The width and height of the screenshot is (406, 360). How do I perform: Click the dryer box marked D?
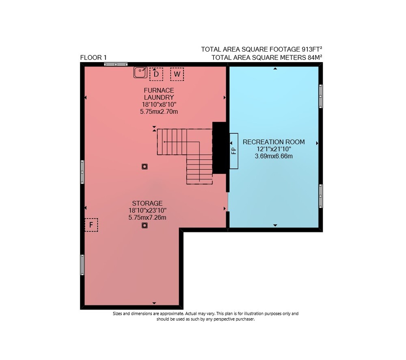[x=156, y=74]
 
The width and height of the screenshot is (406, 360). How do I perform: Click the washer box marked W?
[x=177, y=74]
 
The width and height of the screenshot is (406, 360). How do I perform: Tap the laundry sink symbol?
[x=140, y=72]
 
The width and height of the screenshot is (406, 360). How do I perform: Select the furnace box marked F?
[x=91, y=225]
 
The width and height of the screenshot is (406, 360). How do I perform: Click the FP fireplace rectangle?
[x=234, y=151]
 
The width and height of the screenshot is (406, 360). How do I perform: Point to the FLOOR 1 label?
[x=93, y=58]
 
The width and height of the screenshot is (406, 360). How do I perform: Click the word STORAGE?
[x=147, y=203]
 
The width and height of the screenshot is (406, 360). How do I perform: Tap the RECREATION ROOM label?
[x=274, y=142]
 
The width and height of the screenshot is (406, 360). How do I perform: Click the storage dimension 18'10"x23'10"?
[x=147, y=210]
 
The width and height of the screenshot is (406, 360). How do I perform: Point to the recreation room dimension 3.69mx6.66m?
[x=274, y=156]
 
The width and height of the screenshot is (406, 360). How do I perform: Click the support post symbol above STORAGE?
[x=145, y=167]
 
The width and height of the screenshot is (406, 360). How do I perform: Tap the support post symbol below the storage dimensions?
[x=145, y=226]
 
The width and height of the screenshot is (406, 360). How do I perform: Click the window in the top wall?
[x=116, y=64]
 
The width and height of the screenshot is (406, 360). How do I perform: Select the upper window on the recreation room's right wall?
[x=321, y=96]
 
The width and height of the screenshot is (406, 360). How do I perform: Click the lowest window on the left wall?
[x=82, y=265]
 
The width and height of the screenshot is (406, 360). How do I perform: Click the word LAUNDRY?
[x=159, y=98]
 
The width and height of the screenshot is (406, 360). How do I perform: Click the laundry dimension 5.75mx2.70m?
[x=159, y=112]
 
